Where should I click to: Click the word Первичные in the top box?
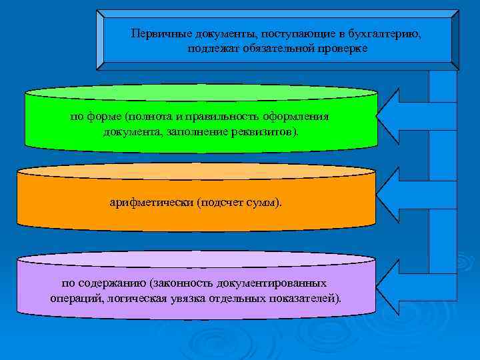pyautogui.click(x=155, y=33)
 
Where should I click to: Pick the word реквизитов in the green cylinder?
pyautogui.click(x=267, y=131)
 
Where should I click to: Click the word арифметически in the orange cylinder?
pyautogui.click(x=151, y=202)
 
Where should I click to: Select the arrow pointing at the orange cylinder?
pyautogui.click(x=407, y=199)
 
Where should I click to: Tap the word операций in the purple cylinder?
pyautogui.click(x=75, y=297)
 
